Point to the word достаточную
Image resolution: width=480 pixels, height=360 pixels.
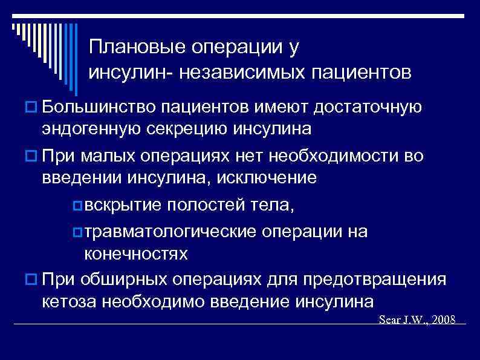point(367,108)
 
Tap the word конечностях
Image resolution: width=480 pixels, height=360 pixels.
point(136,254)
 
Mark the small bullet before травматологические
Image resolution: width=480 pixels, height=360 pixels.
point(77,233)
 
